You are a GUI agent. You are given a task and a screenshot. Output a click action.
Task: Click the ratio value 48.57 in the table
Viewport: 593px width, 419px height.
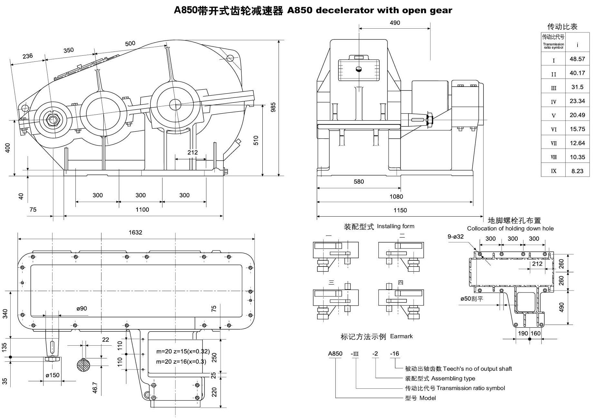[577, 59]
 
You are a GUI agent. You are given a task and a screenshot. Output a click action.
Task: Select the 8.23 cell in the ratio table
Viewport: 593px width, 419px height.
[577, 171]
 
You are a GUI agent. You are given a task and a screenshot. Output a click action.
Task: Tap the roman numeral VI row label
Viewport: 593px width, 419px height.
[553, 129]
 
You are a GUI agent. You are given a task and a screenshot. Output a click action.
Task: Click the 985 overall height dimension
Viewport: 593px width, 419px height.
[273, 107]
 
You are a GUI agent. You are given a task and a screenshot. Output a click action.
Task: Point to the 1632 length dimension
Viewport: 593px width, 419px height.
[135, 232]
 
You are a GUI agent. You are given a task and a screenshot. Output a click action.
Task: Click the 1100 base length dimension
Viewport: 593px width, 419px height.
[142, 210]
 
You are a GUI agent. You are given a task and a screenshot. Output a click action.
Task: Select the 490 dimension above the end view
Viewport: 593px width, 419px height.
[395, 23]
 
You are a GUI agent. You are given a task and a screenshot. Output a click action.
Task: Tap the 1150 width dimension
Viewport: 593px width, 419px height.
[400, 210]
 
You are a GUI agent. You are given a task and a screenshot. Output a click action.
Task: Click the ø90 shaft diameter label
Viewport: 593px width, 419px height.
[82, 309]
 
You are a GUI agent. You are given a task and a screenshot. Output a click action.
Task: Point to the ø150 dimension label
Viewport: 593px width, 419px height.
[52, 375]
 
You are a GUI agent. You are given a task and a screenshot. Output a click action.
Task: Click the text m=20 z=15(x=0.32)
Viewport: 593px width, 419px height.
[183, 351]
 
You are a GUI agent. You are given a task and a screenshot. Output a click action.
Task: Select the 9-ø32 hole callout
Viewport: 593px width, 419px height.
[456, 237]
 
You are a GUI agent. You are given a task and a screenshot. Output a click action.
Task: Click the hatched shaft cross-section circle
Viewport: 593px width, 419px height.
[84, 365]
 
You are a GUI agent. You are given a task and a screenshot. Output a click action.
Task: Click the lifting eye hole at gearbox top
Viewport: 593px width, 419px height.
[230, 58]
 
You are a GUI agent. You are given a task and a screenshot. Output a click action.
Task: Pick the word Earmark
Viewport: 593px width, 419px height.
[401, 336]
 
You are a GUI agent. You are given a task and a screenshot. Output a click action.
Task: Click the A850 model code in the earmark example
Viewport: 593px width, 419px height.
[335, 354]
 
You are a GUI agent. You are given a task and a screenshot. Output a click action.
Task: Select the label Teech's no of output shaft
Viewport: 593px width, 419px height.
[477, 369]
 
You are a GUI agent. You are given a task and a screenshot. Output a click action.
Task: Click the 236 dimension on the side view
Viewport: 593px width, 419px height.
[28, 56]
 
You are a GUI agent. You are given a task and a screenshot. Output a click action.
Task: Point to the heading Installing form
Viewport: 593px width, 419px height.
[395, 226]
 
